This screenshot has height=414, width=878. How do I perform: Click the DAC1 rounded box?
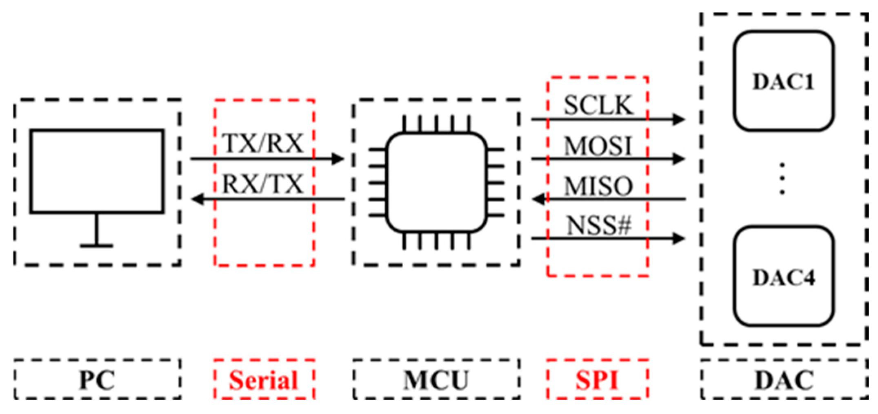(x=783, y=81)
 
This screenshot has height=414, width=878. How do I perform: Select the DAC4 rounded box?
(x=783, y=277)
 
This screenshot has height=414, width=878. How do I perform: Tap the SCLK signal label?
(x=598, y=105)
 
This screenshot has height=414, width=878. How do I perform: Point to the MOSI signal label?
(x=598, y=146)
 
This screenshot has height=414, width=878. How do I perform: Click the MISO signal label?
(x=598, y=186)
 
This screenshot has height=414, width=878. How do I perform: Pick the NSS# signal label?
(x=599, y=225)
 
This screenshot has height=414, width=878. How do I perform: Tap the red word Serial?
(x=264, y=380)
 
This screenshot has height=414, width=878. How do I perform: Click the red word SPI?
(x=597, y=380)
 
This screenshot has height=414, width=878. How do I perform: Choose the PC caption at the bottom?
(x=97, y=380)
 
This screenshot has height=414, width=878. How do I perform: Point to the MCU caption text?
(x=436, y=380)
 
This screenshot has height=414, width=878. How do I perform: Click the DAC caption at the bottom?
(x=784, y=380)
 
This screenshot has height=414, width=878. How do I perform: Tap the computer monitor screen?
(x=97, y=171)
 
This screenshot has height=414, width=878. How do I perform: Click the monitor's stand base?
(x=97, y=246)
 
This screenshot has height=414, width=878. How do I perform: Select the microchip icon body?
(x=436, y=182)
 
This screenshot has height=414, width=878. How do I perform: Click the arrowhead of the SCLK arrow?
(x=679, y=119)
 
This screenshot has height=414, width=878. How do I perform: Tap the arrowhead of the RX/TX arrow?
(x=198, y=199)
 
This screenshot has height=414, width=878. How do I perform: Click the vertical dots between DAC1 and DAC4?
(x=782, y=179)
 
